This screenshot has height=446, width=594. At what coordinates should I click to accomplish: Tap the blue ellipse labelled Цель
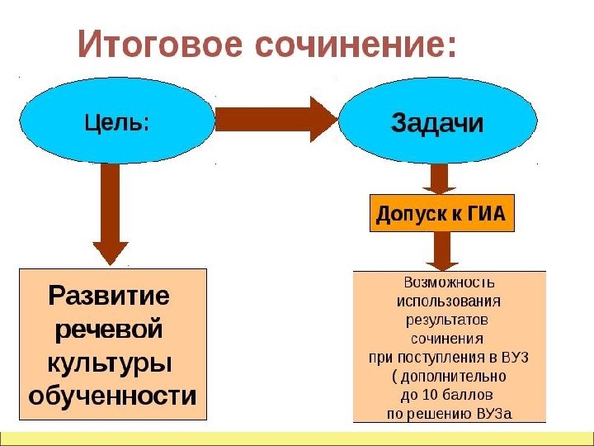tap(115, 123)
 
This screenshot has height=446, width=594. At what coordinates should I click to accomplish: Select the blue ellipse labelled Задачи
tap(437, 124)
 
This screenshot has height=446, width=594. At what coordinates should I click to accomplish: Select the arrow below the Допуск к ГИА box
tap(442, 250)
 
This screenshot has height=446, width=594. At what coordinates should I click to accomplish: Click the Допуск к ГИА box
tap(441, 215)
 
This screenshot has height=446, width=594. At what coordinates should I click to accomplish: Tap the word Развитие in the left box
tap(109, 295)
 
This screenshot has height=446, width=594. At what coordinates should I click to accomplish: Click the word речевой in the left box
tap(109, 329)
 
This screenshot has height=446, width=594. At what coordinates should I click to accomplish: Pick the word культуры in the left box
tap(109, 363)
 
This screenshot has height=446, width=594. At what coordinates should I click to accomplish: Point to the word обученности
tap(113, 396)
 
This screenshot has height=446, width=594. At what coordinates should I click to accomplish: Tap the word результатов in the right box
tap(448, 318)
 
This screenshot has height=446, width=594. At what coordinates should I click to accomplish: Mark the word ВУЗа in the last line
tap(494, 412)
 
